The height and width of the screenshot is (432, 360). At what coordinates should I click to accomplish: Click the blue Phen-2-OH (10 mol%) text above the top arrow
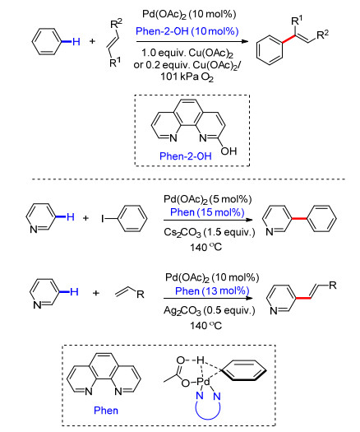(x=187, y=31)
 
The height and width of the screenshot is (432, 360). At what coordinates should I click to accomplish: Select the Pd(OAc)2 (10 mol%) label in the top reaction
(x=189, y=14)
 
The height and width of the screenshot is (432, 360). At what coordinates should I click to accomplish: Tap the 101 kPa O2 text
(x=187, y=77)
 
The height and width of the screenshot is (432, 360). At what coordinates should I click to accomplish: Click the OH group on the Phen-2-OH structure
(x=228, y=151)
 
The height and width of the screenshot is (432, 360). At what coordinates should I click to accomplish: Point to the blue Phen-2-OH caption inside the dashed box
(x=186, y=156)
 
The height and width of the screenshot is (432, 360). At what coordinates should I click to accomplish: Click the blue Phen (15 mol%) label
(x=207, y=212)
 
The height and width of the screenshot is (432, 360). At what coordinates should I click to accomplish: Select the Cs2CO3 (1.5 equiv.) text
(x=209, y=233)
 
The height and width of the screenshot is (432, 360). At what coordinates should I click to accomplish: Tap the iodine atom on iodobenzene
(x=103, y=219)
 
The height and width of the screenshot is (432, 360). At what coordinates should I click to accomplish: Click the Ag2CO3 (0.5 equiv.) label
(x=209, y=311)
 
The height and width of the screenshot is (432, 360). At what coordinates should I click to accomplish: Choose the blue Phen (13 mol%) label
(x=212, y=291)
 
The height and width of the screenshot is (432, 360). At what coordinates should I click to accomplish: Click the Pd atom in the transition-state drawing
(x=203, y=382)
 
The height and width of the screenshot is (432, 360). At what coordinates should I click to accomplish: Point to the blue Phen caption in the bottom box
(x=106, y=411)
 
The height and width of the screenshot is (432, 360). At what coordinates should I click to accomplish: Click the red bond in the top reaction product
(x=289, y=39)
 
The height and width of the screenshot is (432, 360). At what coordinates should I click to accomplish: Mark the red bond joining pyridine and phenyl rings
(x=299, y=219)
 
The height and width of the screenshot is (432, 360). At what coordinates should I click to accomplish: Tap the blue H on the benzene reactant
(x=76, y=42)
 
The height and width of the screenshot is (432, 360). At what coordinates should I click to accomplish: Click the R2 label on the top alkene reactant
(x=116, y=24)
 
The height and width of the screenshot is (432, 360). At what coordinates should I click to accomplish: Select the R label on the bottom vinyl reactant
(x=141, y=295)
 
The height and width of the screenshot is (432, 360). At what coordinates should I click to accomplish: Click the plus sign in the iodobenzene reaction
(x=85, y=218)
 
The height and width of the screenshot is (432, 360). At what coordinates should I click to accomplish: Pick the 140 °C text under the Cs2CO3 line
(x=205, y=247)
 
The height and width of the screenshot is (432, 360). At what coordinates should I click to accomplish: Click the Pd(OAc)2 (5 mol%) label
(x=207, y=199)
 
